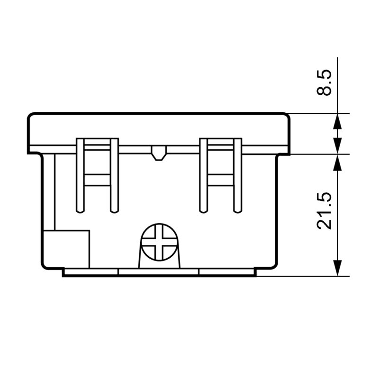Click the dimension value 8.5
pyautogui.click(x=325, y=83)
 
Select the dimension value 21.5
pyautogui.click(x=325, y=211)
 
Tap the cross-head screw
pyautogui.click(x=159, y=242)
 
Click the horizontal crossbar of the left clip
pyautogui.click(x=97, y=180)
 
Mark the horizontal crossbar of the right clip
pyautogui.click(x=220, y=180)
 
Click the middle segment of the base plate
pyautogui.click(x=159, y=272)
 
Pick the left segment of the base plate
pyautogui.click(x=90, y=272)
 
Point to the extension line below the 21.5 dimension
pyautogui.click(x=303, y=276)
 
